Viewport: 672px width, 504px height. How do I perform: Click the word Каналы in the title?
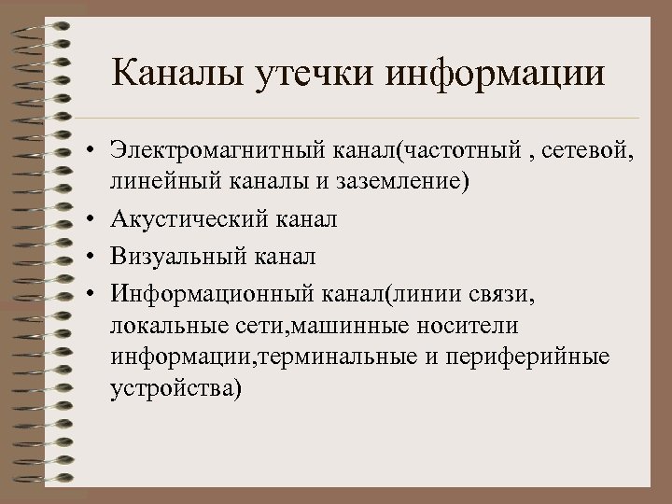pos(175,74)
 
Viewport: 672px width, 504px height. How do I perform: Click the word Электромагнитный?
pos(216,150)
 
